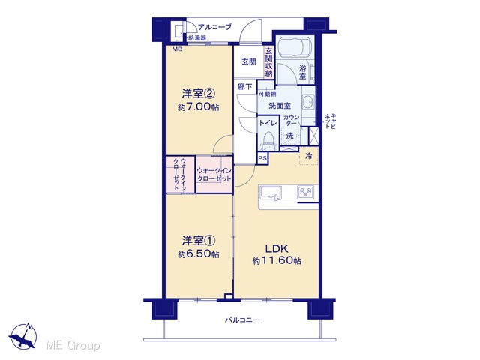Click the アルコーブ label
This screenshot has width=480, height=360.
pos(215,27)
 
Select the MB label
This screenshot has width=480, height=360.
pos(177,49)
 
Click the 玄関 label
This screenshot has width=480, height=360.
pos(249,61)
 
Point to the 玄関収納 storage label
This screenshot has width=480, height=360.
pos(268,62)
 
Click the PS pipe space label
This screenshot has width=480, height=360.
pos(262,158)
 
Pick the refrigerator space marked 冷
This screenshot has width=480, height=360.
pos(308,156)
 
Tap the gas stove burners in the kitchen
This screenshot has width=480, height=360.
pos(305,192)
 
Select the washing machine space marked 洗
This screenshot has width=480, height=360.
pos(289,136)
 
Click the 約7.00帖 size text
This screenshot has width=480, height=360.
pos(198,107)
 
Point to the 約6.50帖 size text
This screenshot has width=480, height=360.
pos(198,254)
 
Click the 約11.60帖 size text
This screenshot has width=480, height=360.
pos(277,261)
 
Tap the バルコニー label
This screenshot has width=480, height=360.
pos(242,320)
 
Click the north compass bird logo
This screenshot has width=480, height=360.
pos(23,336)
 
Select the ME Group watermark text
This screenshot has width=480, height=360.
pos(73,346)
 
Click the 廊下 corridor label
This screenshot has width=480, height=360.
pos(245,87)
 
